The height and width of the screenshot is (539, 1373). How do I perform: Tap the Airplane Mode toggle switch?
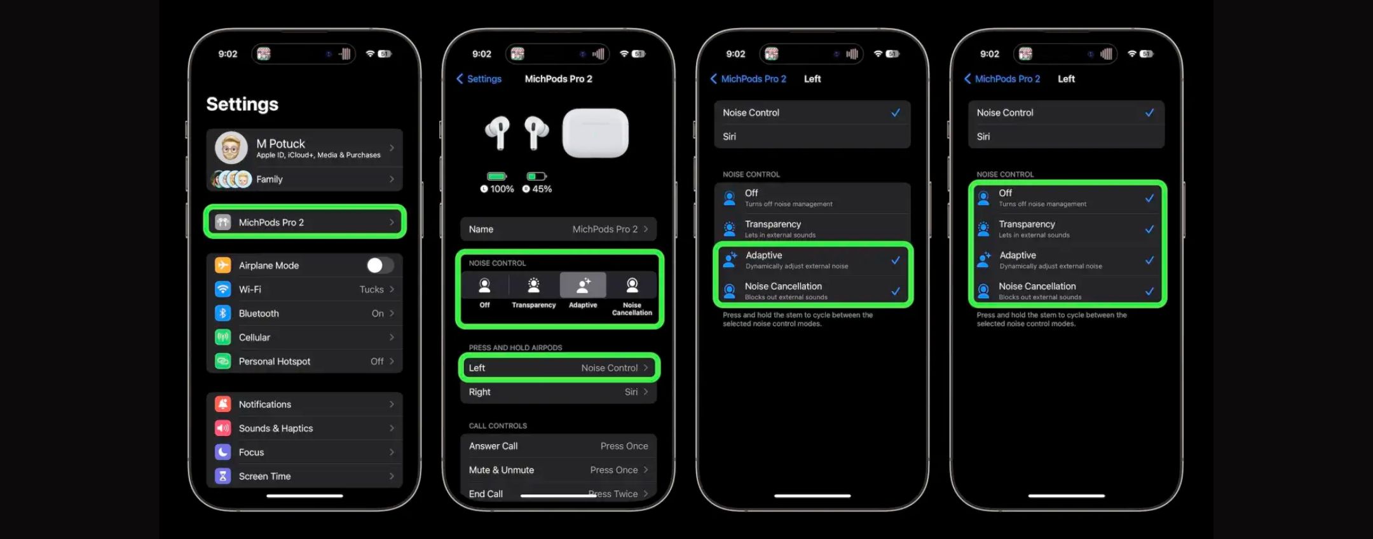click(x=380, y=265)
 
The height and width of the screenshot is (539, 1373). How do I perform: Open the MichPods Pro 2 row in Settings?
click(x=304, y=222)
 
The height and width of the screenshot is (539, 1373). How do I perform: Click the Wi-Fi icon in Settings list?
click(x=222, y=289)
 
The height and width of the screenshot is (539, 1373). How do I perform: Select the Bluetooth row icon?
click(x=222, y=313)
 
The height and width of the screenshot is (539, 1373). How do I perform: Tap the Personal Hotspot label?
click(x=275, y=361)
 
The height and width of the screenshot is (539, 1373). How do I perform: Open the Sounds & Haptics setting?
click(x=304, y=428)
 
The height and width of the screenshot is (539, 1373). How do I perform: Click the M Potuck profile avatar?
click(x=231, y=147)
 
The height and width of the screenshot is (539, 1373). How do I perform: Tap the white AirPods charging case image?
click(x=595, y=133)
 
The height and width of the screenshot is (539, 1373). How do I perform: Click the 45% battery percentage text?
click(x=542, y=189)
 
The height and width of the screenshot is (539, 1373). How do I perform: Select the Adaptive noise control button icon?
click(x=583, y=285)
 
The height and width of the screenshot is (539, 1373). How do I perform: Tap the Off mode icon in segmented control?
click(x=484, y=285)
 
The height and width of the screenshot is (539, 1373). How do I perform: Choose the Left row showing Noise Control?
click(x=559, y=367)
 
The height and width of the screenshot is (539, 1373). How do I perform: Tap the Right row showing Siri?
click(x=559, y=392)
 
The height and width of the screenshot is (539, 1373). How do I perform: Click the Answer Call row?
click(x=559, y=446)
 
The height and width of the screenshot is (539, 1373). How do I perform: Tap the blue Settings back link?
click(x=479, y=79)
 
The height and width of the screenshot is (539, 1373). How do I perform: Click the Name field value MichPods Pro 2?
click(x=605, y=229)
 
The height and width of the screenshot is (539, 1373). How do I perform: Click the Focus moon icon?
click(x=222, y=452)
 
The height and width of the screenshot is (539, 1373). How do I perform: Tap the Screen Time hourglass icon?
click(x=222, y=476)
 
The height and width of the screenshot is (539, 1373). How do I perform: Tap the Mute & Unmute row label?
click(x=502, y=470)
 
